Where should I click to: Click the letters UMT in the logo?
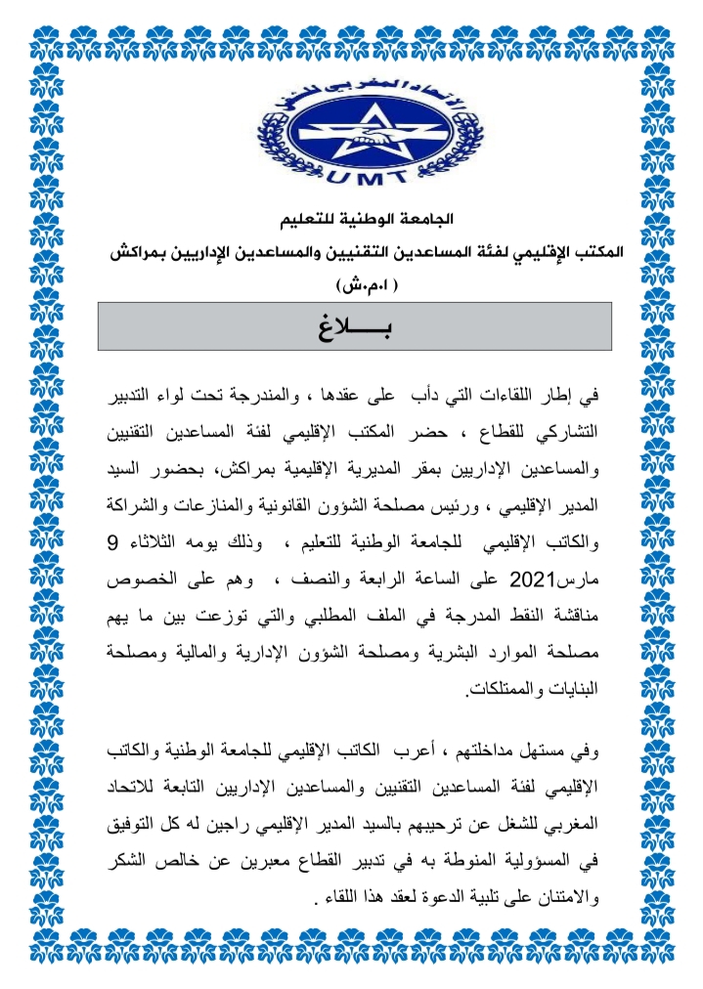[351, 175]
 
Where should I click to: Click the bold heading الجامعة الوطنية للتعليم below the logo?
[353, 217]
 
